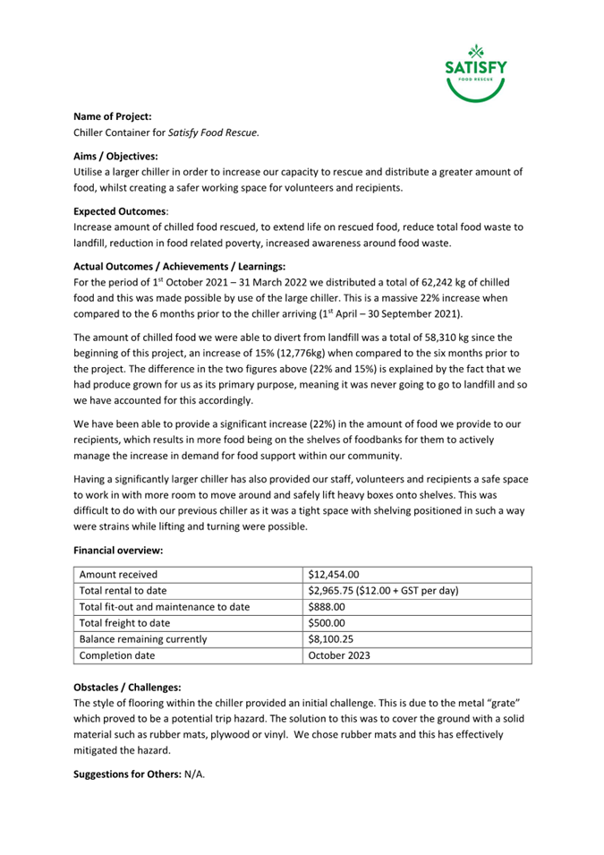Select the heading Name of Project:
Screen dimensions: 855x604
[112, 116]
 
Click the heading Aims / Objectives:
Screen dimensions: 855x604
[115, 156]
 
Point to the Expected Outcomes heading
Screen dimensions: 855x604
[119, 211]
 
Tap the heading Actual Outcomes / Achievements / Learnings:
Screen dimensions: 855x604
[179, 267]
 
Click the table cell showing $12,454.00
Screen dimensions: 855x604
[333, 575]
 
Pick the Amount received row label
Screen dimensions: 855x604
[118, 575]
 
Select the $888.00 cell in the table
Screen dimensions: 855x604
[327, 607]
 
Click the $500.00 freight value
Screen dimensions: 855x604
[327, 623]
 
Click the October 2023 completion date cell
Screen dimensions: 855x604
[339, 655]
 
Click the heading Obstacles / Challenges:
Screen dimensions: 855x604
[126, 687]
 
